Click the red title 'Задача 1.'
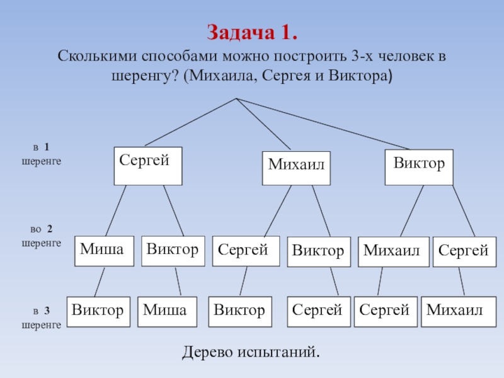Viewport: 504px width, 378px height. click(252, 32)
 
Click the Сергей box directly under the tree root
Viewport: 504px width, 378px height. click(147, 166)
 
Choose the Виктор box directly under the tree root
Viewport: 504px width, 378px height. click(418, 166)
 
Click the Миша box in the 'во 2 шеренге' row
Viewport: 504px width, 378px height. click(105, 251)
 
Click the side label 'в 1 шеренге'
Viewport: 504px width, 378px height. click(42, 154)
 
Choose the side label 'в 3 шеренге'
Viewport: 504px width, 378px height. click(42, 318)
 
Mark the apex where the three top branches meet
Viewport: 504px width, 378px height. click(236, 98)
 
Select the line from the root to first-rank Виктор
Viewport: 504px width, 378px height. click(328, 123)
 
